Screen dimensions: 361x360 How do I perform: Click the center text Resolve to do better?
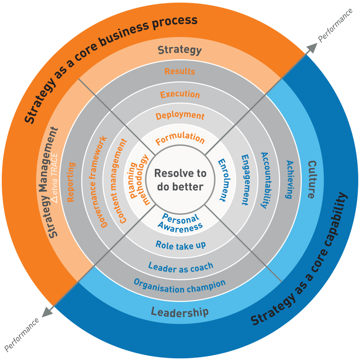coord(180,180)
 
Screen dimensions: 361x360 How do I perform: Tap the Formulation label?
coord(180,139)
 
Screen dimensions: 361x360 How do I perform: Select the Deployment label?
coord(180,116)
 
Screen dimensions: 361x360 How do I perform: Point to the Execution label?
coord(180,94)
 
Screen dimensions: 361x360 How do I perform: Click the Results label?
coord(180,71)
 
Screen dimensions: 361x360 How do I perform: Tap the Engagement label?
coord(244,180)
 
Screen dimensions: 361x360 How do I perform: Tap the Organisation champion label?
coord(180,286)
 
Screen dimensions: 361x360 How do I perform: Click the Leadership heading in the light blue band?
coord(180,312)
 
